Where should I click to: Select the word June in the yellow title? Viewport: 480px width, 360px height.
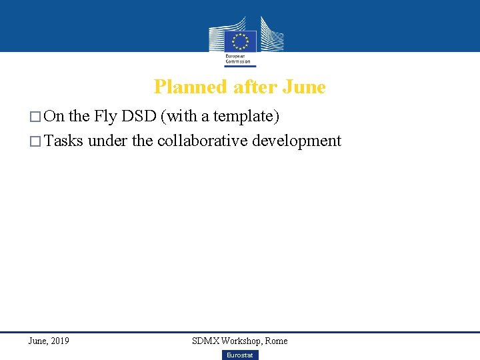304,87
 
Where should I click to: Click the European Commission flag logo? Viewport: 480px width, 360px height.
240,41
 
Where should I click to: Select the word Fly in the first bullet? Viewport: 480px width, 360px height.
105,117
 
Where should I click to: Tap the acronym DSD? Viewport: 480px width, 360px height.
141,117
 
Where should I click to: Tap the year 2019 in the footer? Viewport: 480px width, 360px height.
59,341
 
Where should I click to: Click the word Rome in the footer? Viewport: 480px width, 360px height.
276,341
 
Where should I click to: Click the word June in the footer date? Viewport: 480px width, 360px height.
37,341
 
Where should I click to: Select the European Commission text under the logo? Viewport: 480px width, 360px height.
238,59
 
